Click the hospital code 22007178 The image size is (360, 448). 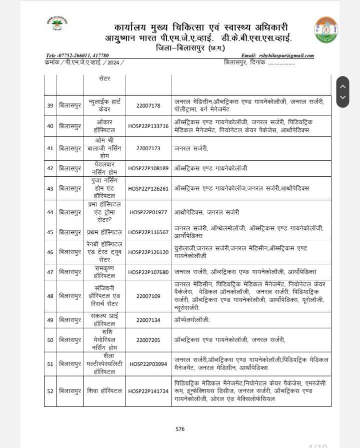coord(148,106)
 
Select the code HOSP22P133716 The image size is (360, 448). coord(148,126)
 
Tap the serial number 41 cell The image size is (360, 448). coord(50,148)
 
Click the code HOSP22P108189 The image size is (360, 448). coord(148,168)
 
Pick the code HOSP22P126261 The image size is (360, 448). coord(148,188)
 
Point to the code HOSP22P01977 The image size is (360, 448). coord(148,212)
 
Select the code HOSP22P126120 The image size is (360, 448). coord(148,252)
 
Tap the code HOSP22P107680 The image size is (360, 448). coord(148,272)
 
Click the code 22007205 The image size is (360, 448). coord(148,340)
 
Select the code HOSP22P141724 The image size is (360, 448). coord(148,391)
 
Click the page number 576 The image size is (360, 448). coord(180,429)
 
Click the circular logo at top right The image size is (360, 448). coord(325,30)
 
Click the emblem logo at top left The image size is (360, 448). coord(57,24)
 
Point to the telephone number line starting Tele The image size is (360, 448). coord(77,56)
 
